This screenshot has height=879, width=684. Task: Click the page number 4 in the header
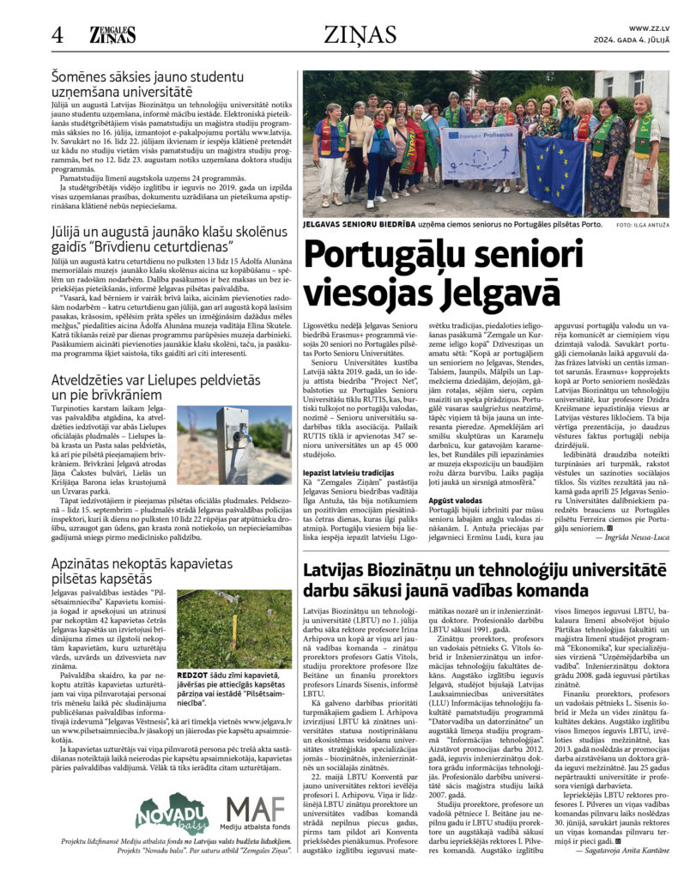[58, 34]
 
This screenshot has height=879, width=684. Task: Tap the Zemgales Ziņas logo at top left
[112, 34]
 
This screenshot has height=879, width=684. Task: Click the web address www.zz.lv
[649, 28]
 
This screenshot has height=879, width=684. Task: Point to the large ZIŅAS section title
[360, 34]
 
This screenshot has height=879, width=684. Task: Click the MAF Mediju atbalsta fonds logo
[257, 810]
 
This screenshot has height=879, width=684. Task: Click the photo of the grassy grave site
[233, 629]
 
